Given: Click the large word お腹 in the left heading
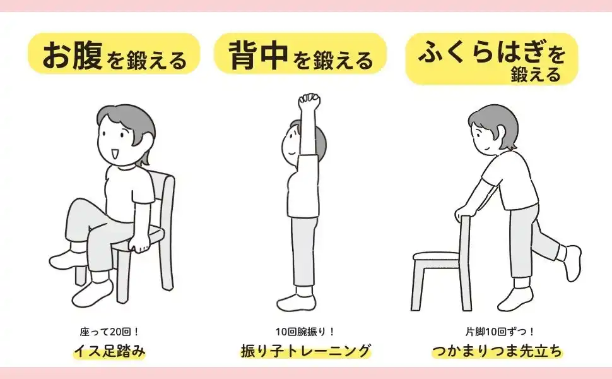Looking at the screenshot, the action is click(72, 55).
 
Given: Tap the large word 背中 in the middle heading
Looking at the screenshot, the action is click(259, 55).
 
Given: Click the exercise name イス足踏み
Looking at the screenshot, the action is click(110, 351).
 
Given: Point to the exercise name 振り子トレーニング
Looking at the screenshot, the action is click(305, 351).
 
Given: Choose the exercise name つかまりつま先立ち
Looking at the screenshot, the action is click(497, 351).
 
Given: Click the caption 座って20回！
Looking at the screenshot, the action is click(110, 332).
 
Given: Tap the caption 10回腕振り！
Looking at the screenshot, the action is click(305, 332).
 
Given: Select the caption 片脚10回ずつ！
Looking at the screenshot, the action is click(500, 332).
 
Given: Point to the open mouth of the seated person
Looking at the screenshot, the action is click(115, 153).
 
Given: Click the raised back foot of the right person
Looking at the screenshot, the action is click(570, 261).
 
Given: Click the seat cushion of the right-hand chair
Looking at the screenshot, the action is click(436, 256).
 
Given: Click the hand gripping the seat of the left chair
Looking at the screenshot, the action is click(139, 246).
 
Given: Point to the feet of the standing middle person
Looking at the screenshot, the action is click(296, 301).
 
